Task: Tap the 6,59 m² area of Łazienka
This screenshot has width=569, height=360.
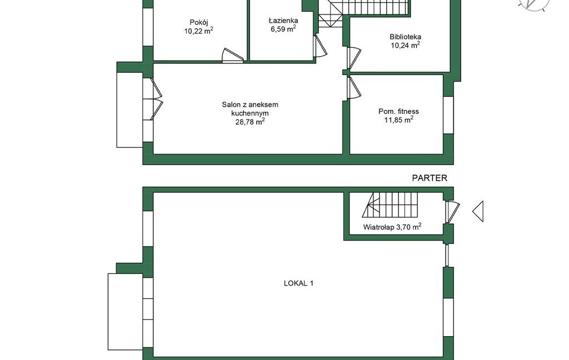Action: click(x=283, y=29)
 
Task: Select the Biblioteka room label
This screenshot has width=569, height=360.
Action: click(x=405, y=37)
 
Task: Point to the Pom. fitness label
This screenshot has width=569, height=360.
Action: click(x=398, y=112)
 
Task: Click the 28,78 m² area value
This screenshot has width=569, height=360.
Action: click(x=250, y=122)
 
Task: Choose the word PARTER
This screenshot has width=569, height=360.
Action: click(x=430, y=178)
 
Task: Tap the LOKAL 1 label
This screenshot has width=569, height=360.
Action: click(x=298, y=283)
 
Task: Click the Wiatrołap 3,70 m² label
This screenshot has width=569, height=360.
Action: click(x=392, y=227)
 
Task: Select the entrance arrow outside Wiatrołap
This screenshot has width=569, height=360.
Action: click(x=478, y=211)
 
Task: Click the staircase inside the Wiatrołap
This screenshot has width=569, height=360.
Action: click(x=390, y=204)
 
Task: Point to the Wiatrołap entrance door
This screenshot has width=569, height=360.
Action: click(x=452, y=211)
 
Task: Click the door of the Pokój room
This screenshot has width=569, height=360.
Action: click(x=233, y=56)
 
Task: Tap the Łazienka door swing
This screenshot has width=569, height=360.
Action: click(x=320, y=46)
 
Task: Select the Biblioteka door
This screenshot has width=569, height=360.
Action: click(x=354, y=58)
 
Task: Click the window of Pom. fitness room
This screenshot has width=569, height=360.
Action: click(x=448, y=115)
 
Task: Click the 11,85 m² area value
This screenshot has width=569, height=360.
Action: click(x=399, y=120)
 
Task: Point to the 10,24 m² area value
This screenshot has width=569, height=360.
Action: click(x=405, y=45)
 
